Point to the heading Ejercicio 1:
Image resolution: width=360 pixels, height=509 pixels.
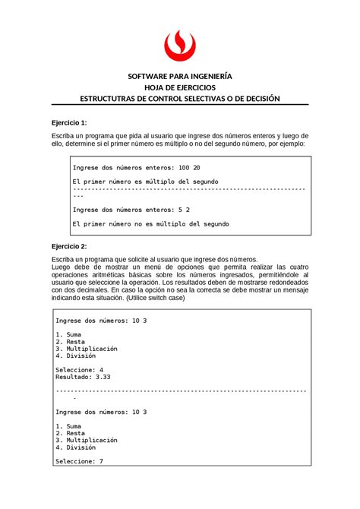(69, 122)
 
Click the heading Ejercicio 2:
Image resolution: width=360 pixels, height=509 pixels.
(69, 247)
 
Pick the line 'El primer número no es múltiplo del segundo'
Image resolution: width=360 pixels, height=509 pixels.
(150, 224)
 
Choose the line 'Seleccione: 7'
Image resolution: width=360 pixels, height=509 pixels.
(80, 461)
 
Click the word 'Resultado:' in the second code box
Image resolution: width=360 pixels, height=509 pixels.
(73, 376)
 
